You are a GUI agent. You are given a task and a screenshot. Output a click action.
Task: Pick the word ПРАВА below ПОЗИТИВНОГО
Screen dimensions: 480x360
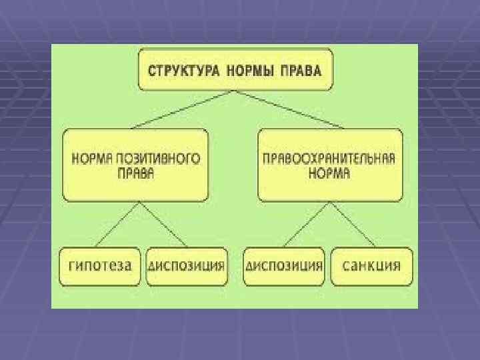click(135, 174)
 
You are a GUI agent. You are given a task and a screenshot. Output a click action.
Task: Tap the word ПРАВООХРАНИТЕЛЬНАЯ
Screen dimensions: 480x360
click(329, 160)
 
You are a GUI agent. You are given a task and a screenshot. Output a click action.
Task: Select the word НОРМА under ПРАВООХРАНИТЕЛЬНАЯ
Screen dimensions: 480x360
click(329, 174)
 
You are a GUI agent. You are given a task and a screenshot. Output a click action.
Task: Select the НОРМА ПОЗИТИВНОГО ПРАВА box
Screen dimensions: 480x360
click(135, 166)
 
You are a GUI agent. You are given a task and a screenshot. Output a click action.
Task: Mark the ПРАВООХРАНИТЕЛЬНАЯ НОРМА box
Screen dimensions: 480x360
click(329, 166)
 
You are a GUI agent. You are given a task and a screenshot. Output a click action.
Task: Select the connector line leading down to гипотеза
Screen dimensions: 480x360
click(117, 225)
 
